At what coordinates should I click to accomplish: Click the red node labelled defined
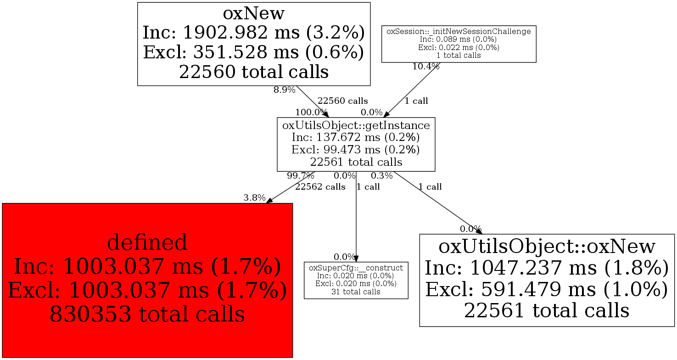click(x=147, y=280)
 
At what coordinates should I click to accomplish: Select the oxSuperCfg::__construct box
click(x=356, y=281)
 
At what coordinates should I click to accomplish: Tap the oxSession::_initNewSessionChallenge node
click(x=459, y=44)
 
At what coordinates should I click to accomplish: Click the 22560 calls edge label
click(x=343, y=101)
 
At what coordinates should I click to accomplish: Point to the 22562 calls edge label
click(x=320, y=187)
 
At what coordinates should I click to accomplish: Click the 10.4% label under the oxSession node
click(x=426, y=67)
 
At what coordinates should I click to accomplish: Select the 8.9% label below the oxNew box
click(x=285, y=90)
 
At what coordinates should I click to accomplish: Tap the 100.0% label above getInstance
click(x=311, y=112)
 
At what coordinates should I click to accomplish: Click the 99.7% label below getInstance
click(x=301, y=175)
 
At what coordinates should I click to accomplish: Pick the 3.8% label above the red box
click(x=254, y=198)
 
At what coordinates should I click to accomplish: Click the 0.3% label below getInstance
click(x=382, y=175)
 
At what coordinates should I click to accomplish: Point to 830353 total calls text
click(x=147, y=314)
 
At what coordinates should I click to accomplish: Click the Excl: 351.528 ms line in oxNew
click(x=253, y=52)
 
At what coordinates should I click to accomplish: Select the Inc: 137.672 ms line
click(x=356, y=138)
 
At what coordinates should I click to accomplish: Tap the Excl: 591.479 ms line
click(x=547, y=289)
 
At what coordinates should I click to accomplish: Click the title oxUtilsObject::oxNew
click(x=547, y=246)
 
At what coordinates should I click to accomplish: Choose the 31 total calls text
click(x=356, y=292)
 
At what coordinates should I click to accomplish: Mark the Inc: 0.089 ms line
click(x=458, y=39)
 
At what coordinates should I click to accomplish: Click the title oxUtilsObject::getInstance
click(x=356, y=125)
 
